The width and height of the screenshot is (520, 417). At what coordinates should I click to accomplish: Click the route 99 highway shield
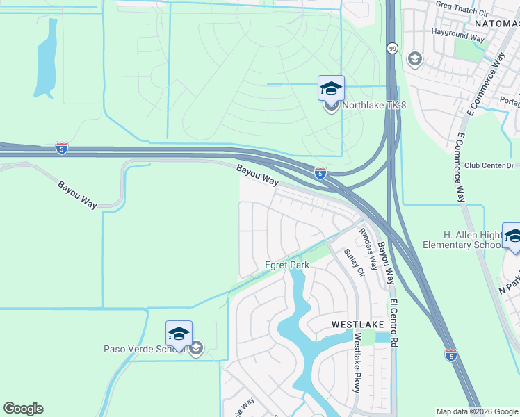point(393,48)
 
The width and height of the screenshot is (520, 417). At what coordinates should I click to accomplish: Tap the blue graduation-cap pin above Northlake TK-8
point(331,88)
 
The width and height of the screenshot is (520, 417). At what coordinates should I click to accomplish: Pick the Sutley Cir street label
point(355,263)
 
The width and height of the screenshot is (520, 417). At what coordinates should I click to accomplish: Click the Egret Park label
point(287,265)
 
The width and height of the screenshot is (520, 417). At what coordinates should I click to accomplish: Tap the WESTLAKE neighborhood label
point(355,325)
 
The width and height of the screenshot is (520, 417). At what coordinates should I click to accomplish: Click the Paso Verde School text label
point(144,349)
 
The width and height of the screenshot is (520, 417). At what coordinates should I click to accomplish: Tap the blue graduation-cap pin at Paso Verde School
point(179,334)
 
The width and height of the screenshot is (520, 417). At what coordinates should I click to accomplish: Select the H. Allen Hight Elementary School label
point(480,240)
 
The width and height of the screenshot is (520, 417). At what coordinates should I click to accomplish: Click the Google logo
point(23,409)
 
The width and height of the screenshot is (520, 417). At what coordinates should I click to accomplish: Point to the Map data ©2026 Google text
point(477,411)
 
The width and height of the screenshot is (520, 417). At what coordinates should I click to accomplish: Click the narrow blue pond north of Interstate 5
point(46,59)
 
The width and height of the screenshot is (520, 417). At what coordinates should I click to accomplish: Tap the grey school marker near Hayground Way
point(416,58)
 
